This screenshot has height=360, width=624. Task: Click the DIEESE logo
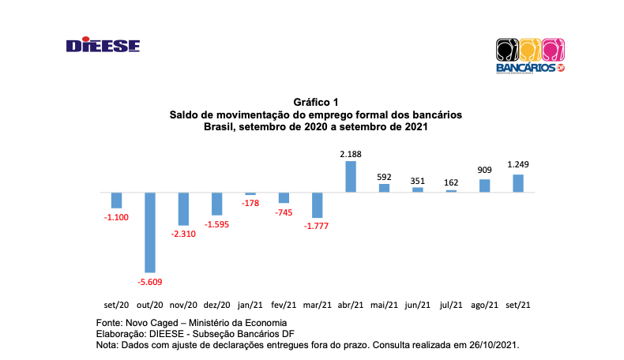coord(103,46)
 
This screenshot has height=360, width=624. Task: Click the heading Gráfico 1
coord(315,103)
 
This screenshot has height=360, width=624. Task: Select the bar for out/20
coord(149,232)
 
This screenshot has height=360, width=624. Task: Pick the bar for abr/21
coord(350,176)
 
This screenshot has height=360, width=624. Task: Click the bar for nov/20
coord(183,208)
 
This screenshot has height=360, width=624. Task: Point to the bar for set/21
coord(518,183)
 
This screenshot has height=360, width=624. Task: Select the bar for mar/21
coord(317,204)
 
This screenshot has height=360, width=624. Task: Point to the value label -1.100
coord(116,216)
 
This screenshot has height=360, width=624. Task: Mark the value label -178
coord(250,203)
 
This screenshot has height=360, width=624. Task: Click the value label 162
coord(451,182)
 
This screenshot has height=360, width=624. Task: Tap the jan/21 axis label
coord(250,305)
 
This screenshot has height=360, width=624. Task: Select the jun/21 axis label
coord(418,305)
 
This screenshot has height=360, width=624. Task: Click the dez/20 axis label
coord(216,305)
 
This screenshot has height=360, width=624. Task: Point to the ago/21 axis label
coord(484,305)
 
